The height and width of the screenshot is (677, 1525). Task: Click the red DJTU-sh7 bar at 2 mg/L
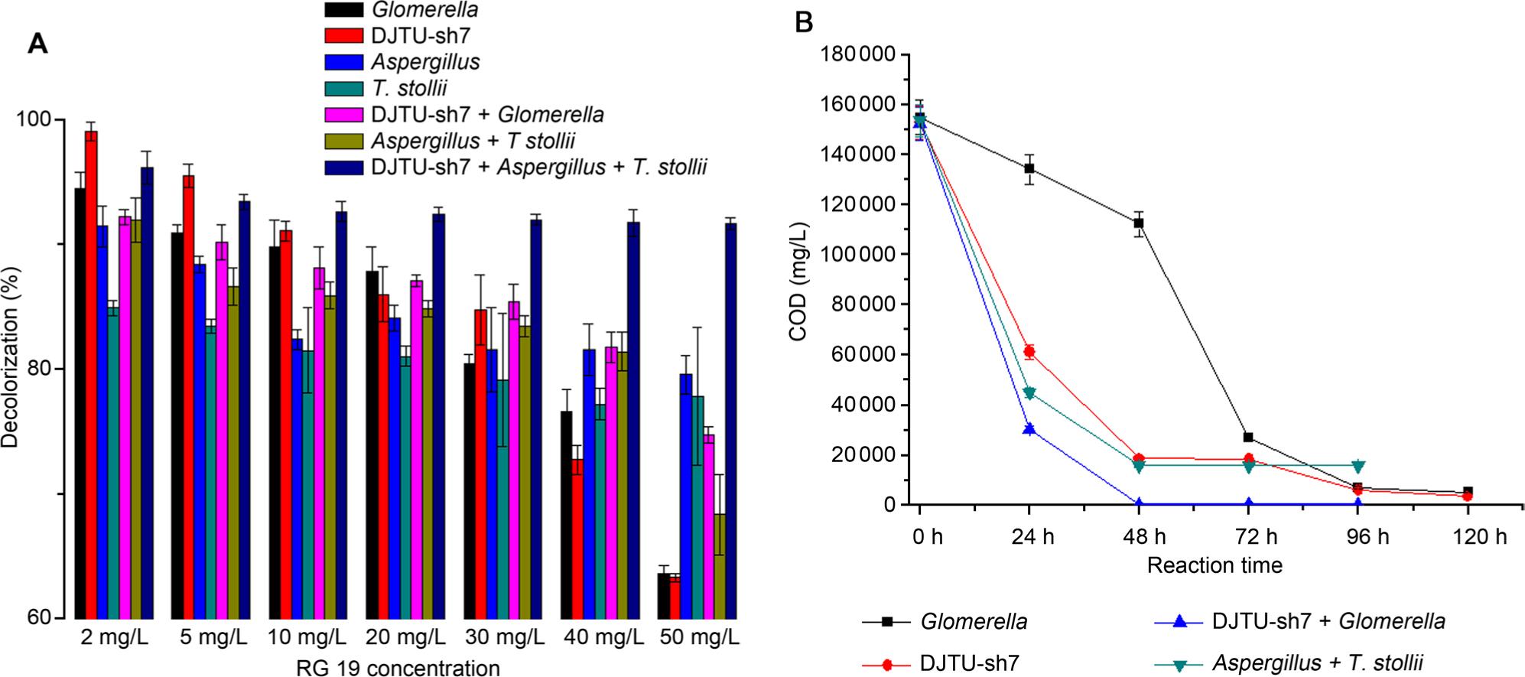pyautogui.click(x=91, y=375)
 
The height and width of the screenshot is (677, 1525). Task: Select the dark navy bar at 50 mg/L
pyautogui.click(x=731, y=421)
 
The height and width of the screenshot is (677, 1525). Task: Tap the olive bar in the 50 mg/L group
pyautogui.click(x=720, y=566)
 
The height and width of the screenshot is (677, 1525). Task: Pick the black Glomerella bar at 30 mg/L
pyautogui.click(x=470, y=490)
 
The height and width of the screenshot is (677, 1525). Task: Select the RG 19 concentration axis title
pyautogui.click(x=398, y=668)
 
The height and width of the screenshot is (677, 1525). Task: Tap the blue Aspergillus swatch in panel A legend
pyautogui.click(x=343, y=62)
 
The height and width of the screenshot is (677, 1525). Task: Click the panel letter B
pyautogui.click(x=804, y=23)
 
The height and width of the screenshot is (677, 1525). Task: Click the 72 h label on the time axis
pyautogui.click(x=1256, y=536)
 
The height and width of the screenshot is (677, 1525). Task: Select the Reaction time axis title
pyautogui.click(x=1214, y=565)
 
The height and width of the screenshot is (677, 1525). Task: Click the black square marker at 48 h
pyautogui.click(x=1139, y=223)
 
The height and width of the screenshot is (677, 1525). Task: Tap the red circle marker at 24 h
pyautogui.click(x=1029, y=352)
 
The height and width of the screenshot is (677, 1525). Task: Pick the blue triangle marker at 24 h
pyautogui.click(x=1029, y=429)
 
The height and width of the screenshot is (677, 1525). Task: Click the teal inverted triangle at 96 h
pyautogui.click(x=1358, y=465)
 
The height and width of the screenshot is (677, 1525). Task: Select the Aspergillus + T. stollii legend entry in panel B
pyautogui.click(x=1317, y=663)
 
